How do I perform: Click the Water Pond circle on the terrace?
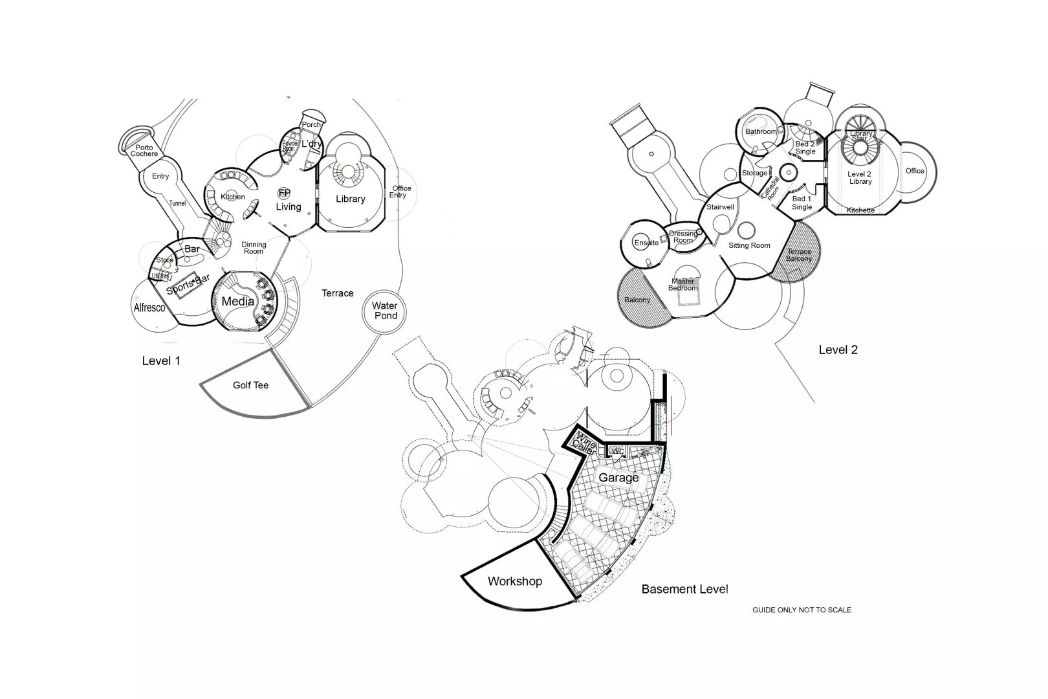tap(386, 311)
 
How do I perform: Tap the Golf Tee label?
tap(250, 385)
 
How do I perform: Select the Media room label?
tap(238, 302)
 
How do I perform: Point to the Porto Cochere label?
tap(144, 151)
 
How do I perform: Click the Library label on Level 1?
tap(350, 199)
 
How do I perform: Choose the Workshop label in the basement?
tap(514, 581)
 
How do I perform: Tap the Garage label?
tap(618, 478)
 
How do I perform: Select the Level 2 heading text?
tap(838, 349)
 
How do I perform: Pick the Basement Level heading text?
tap(684, 589)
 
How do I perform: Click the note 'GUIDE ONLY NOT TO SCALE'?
tap(802, 610)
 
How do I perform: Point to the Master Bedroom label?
tap(683, 284)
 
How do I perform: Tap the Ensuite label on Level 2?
tap(646, 243)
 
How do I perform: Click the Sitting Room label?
tap(749, 245)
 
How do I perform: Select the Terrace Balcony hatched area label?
tap(799, 255)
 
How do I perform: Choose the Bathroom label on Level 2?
tap(761, 131)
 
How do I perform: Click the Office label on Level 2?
tap(915, 171)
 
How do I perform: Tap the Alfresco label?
tap(149, 307)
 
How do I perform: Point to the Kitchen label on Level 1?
tap(233, 197)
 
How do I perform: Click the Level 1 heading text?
tap(161, 361)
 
